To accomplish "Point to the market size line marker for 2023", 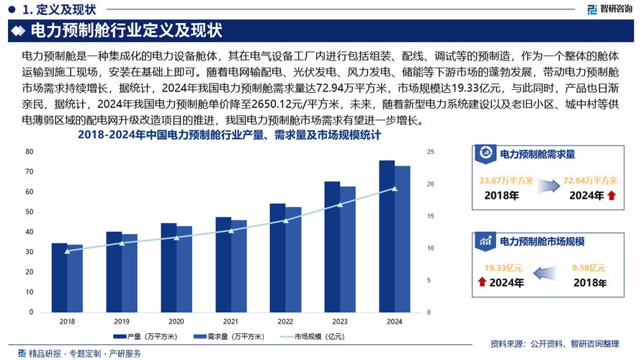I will tap(340, 204).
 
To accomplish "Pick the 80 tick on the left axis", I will tap(30, 151).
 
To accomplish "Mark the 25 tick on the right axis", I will tap(431, 152).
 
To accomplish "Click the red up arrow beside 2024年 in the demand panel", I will tap(611, 196).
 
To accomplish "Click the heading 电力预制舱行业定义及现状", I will tap(126, 30).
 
